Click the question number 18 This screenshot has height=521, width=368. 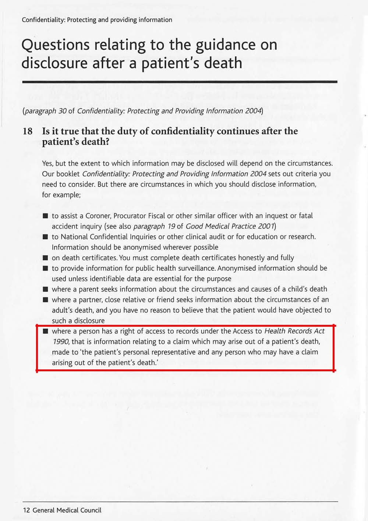28,131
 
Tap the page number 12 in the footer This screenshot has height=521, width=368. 26,510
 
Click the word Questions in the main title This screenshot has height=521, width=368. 56,45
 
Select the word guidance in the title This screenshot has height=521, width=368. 226,45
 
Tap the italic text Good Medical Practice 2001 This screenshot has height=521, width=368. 230,226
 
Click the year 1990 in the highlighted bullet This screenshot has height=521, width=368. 60,341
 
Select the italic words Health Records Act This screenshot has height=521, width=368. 294,331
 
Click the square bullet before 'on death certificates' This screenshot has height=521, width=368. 45,258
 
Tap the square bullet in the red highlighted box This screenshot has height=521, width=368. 45,332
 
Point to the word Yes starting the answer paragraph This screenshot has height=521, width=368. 47,163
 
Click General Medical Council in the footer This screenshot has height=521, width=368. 67,510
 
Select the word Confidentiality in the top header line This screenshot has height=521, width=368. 43,20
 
